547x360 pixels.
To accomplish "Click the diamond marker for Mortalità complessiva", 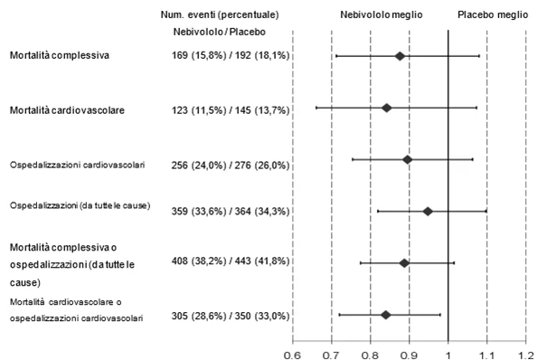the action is [400, 56].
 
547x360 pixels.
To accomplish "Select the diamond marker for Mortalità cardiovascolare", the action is [386, 108].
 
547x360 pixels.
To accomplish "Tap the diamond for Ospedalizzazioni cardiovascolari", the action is [407, 160].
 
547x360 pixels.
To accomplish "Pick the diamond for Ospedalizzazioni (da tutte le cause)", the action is [428, 212].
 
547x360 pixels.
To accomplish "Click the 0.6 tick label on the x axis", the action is [292, 355].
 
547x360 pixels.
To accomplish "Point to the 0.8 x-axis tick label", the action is [370, 355].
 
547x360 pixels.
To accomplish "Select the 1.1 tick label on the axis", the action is [486, 355].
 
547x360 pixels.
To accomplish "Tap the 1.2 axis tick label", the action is [525, 355].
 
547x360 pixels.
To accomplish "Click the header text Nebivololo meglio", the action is [382, 15].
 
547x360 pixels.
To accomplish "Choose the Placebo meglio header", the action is [493, 15].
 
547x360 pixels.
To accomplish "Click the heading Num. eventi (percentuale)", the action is [220, 15].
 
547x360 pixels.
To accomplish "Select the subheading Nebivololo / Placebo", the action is [220, 32].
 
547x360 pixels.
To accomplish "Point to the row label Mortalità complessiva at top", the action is [60, 55].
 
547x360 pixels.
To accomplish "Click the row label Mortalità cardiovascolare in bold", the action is [67, 110].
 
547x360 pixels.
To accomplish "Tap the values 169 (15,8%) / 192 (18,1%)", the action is [231, 55].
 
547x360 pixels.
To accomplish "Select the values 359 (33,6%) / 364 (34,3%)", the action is [231, 212].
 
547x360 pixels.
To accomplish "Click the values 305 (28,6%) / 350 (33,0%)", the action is [231, 316].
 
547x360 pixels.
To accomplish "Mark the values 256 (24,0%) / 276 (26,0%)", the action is [231, 165].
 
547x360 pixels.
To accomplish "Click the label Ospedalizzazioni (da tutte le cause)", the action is [80, 206].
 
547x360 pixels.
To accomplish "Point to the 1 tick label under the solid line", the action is [448, 355].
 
